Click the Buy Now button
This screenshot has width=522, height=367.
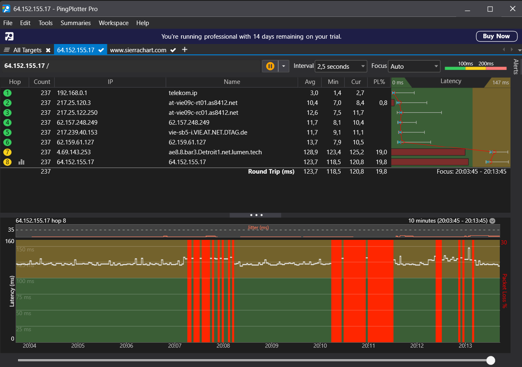tap(496, 36)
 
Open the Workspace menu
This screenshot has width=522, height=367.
tap(114, 23)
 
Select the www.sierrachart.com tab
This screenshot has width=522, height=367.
tap(138, 50)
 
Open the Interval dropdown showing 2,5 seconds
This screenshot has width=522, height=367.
tap(341, 66)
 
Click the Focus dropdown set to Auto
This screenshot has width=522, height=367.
tap(414, 66)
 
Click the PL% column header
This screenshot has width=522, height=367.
tap(379, 82)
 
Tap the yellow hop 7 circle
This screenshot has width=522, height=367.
tap(7, 152)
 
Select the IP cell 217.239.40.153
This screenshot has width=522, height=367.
tap(77, 132)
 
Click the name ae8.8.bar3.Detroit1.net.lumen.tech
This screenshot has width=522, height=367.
tap(215, 152)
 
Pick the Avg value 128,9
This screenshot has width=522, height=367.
tap(311, 152)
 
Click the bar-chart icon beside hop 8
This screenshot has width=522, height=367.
tap(21, 162)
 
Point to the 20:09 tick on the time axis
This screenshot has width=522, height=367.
tap(271, 346)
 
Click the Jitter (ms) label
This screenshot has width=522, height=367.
tap(258, 228)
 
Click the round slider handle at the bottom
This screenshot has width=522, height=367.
tap(491, 360)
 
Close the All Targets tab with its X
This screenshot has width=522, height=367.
tap(48, 50)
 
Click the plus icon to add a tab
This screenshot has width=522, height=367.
tap(185, 50)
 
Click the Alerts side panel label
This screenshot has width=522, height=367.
tap(516, 66)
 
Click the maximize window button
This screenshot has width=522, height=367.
tap(490, 9)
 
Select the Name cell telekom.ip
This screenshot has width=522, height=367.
tap(183, 93)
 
